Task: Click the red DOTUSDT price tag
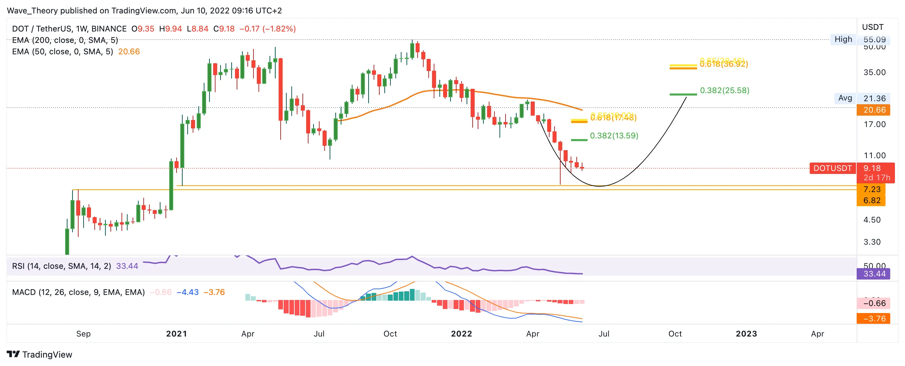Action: point(832,168)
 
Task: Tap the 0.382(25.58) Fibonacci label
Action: point(724,90)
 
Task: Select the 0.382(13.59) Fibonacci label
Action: point(614,135)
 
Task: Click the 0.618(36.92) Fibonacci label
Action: point(724,64)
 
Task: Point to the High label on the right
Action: point(843,39)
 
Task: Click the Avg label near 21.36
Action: point(845,98)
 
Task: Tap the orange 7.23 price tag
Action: point(872,189)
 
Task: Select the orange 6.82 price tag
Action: point(872,200)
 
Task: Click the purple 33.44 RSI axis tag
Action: point(874,274)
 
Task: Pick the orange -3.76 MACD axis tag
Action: point(874,319)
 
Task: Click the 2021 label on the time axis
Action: point(176,334)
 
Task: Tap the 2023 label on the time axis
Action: point(746,334)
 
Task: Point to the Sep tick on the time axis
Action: point(83,334)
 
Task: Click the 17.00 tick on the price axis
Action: point(874,124)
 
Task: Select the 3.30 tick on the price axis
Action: point(872,242)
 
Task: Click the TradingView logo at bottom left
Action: point(39,354)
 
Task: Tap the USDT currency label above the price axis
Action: point(873,27)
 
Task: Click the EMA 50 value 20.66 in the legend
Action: point(129,52)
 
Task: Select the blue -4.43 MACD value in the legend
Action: point(187,292)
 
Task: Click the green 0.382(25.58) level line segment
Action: point(683,95)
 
